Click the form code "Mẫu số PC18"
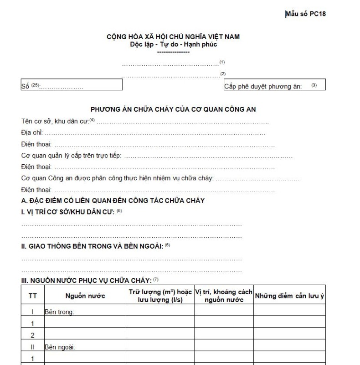(x=305, y=14)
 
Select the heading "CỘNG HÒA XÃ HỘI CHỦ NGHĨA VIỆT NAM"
(x=173, y=36)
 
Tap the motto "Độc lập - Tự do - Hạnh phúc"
(x=173, y=44)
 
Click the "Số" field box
(x=72, y=85)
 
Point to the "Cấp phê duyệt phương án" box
(x=274, y=85)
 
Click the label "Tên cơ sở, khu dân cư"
(x=55, y=121)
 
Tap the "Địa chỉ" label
(x=32, y=133)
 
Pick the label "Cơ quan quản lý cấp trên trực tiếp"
(x=71, y=156)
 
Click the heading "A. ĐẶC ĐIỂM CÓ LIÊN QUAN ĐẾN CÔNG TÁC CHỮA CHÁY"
(x=113, y=201)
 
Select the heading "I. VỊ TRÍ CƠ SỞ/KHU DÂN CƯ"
(x=68, y=212)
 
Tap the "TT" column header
(x=33, y=296)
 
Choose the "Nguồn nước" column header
(x=85, y=296)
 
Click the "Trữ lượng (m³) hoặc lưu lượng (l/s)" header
(x=160, y=296)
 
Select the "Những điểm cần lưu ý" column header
(x=289, y=296)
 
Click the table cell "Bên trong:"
(x=59, y=312)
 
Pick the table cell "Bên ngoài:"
(x=60, y=347)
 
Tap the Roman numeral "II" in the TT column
(x=33, y=347)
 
